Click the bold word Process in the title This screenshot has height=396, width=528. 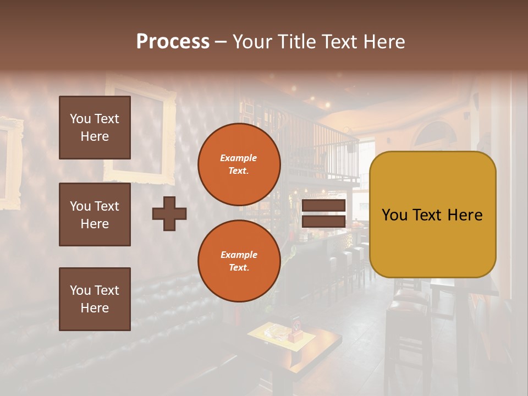click(x=173, y=42)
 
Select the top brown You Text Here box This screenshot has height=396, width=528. click(x=95, y=128)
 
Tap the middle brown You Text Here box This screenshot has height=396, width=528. click(x=95, y=215)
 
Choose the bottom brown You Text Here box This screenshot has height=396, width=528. click(x=95, y=299)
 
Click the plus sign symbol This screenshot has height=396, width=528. click(x=169, y=213)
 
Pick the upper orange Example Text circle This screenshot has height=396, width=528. click(x=239, y=164)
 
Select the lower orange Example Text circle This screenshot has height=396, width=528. click(x=239, y=261)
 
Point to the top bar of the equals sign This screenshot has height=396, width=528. click(x=323, y=206)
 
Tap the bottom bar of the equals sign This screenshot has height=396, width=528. click(x=323, y=221)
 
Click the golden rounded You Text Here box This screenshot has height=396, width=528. click(x=432, y=215)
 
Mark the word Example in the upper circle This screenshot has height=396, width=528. click(x=239, y=158)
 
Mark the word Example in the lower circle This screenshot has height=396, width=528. click(x=239, y=255)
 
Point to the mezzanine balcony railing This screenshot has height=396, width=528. click(x=319, y=148)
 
